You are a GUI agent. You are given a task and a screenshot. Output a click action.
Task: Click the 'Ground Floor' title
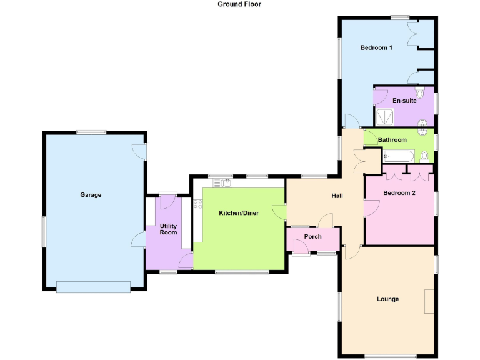click(239, 4)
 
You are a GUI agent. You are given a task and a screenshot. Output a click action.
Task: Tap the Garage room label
click(91, 195)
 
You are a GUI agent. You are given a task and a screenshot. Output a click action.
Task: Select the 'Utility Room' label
click(168, 229)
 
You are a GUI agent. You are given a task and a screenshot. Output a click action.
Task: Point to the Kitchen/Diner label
click(239, 213)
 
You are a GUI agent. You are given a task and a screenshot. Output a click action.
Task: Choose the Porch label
click(312, 236)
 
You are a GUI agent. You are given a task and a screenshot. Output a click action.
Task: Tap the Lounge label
click(387, 299)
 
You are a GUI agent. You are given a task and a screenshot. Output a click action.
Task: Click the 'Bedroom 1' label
click(376, 47)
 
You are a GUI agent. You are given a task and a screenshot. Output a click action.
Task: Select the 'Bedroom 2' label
click(399, 193)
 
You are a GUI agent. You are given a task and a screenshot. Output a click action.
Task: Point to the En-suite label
click(404, 100)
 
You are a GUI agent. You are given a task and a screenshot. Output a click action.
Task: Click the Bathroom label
click(392, 140)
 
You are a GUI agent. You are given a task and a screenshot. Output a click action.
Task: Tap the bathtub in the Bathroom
click(396, 155)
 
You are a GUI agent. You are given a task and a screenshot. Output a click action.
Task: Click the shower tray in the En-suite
click(384, 117)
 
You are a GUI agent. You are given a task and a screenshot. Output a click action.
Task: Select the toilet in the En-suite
click(420, 94)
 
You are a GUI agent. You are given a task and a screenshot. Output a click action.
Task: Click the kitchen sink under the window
click(223, 182)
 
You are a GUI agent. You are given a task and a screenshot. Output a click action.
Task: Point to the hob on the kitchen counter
click(197, 203)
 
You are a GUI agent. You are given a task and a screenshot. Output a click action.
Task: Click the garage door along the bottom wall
click(93, 287)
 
